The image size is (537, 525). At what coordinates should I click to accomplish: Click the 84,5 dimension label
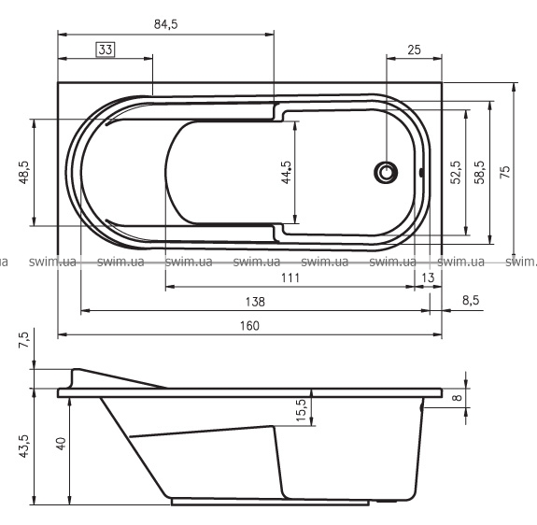[165, 24]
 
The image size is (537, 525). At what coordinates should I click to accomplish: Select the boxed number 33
[106, 50]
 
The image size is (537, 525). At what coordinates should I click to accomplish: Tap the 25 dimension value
[414, 50]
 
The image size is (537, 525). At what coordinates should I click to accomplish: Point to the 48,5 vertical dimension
[24, 172]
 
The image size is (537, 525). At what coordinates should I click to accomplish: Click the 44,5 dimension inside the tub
[287, 172]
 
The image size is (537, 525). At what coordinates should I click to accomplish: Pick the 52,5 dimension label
[456, 172]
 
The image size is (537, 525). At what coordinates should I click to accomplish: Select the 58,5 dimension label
[479, 172]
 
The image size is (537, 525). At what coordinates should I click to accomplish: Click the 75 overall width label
[505, 172]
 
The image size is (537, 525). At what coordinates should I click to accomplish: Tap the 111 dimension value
[290, 277]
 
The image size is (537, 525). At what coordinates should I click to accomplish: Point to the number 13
[428, 277]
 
